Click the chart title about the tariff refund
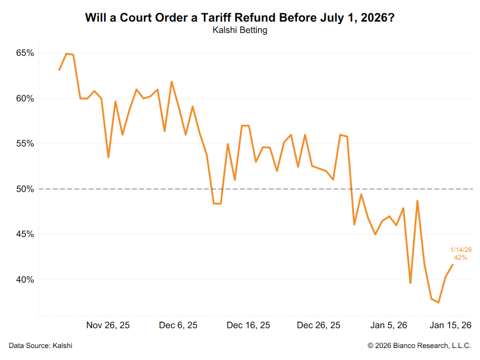(240, 17)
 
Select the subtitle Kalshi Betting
(240, 31)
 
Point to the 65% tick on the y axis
(25, 53)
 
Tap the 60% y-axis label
(25, 98)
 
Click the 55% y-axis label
(25, 144)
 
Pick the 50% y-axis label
(25, 189)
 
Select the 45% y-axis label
(25, 235)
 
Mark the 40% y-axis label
(25, 280)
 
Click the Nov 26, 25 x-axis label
(108, 325)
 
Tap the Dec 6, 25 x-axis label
(178, 325)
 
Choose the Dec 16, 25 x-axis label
(248, 325)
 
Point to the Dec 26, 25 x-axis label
(319, 325)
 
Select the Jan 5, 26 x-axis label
(389, 325)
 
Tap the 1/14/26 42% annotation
(460, 254)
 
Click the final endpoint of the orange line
(452, 265)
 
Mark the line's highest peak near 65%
(66, 53)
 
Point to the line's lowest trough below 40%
(439, 302)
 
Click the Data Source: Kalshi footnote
(41, 346)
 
